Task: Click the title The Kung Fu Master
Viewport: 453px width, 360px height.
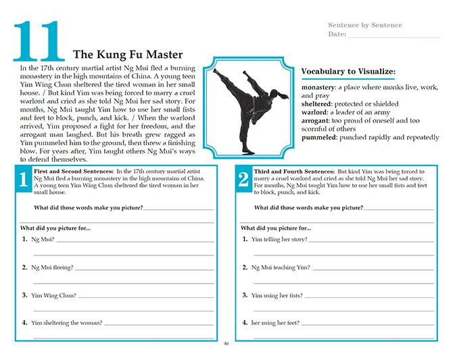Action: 127,55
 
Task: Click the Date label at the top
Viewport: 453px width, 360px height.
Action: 337,34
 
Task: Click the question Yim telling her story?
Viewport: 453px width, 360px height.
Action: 279,239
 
